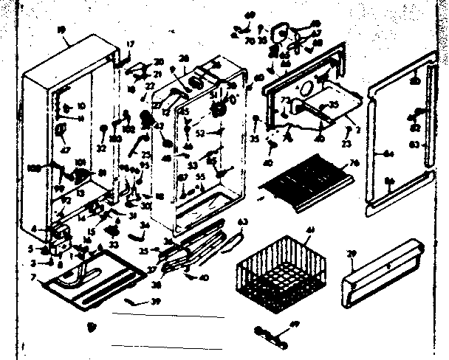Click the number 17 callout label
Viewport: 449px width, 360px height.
(131, 44)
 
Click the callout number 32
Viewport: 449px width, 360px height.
(101, 148)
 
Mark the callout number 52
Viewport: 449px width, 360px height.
(200, 134)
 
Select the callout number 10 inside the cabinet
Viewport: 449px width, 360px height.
(80, 106)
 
